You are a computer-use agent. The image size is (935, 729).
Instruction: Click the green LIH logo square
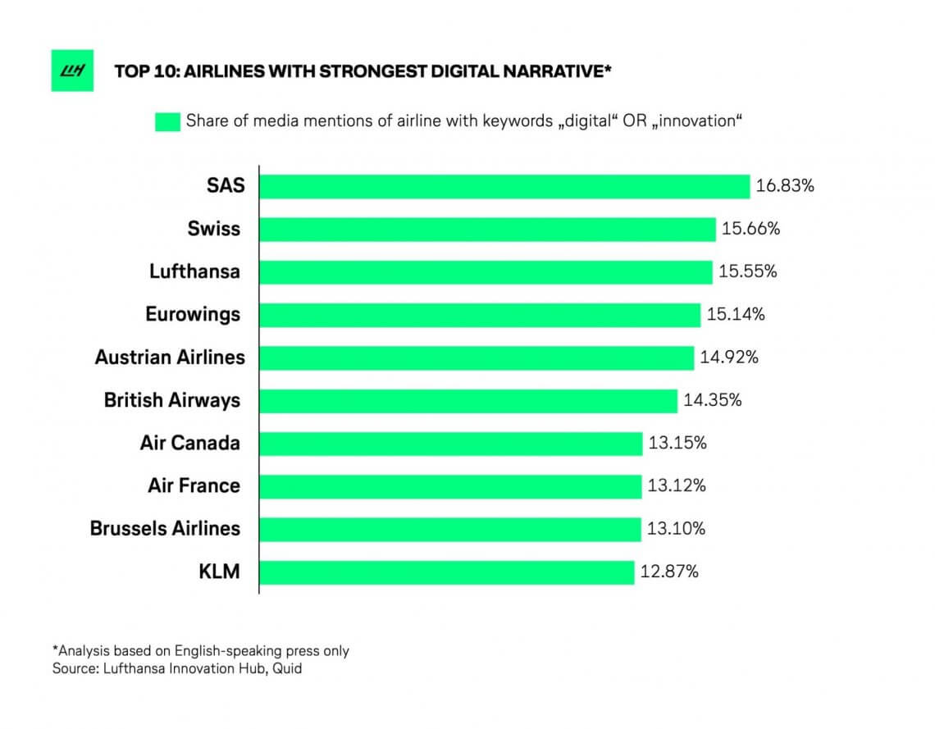coord(72,70)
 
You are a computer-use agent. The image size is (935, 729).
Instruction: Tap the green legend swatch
coord(166,121)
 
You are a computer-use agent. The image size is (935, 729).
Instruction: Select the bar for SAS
coord(504,186)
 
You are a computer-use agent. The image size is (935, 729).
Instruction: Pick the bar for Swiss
coord(487,229)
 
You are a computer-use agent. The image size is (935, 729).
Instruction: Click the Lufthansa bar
coord(486,271)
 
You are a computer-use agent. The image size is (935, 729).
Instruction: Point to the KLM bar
coord(447,572)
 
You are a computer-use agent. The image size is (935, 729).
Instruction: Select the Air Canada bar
coord(451,444)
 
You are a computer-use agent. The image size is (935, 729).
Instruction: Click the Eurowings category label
coord(193,314)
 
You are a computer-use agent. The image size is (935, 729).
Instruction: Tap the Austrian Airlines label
coord(170,358)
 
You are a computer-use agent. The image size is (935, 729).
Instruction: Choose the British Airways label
coord(172,400)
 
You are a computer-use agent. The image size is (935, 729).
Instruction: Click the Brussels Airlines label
coord(165,528)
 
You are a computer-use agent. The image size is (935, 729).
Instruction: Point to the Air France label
coord(194,485)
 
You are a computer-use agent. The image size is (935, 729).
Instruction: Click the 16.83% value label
coord(785,186)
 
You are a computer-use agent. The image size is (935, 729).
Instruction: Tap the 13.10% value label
coord(676,528)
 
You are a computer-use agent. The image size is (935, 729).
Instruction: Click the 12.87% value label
coord(669,572)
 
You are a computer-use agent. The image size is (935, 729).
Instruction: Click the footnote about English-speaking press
coord(201,650)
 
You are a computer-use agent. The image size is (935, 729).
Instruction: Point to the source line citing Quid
coord(177,668)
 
